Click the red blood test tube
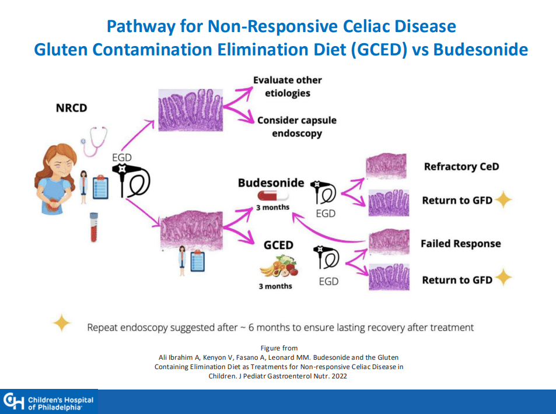pos(93,227)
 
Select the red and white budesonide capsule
pos(272,197)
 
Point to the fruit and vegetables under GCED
pos(278,268)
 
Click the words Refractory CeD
pos(461,167)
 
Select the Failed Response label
pos(460,244)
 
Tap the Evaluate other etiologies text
pos(287,86)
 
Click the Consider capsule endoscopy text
pos(296,127)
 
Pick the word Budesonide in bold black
pos(271,183)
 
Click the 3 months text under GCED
pos(275,286)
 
